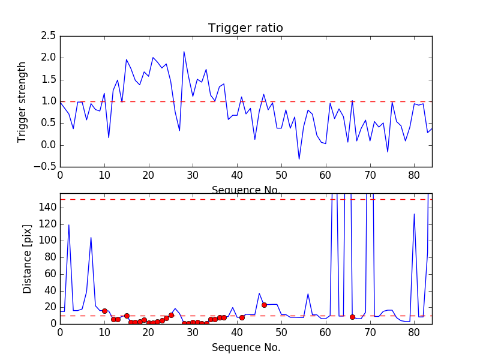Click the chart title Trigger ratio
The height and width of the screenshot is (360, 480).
point(245,28)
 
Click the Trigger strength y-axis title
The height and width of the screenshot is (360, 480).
point(22,101)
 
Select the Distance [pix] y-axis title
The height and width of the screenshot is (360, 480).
point(27,258)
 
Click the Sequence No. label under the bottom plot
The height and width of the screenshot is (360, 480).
point(245,347)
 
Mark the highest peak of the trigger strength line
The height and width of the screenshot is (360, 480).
point(184,52)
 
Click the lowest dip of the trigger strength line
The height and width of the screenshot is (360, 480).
point(299,159)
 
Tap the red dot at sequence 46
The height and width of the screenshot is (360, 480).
point(264,305)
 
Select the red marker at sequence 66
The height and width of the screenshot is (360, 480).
point(352,317)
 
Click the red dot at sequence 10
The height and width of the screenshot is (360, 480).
point(104,311)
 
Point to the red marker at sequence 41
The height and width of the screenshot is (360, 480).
point(242,317)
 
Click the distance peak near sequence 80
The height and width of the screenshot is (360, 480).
point(414,214)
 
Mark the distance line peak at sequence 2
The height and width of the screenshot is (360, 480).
point(69,225)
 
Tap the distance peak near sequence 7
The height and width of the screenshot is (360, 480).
point(91,238)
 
